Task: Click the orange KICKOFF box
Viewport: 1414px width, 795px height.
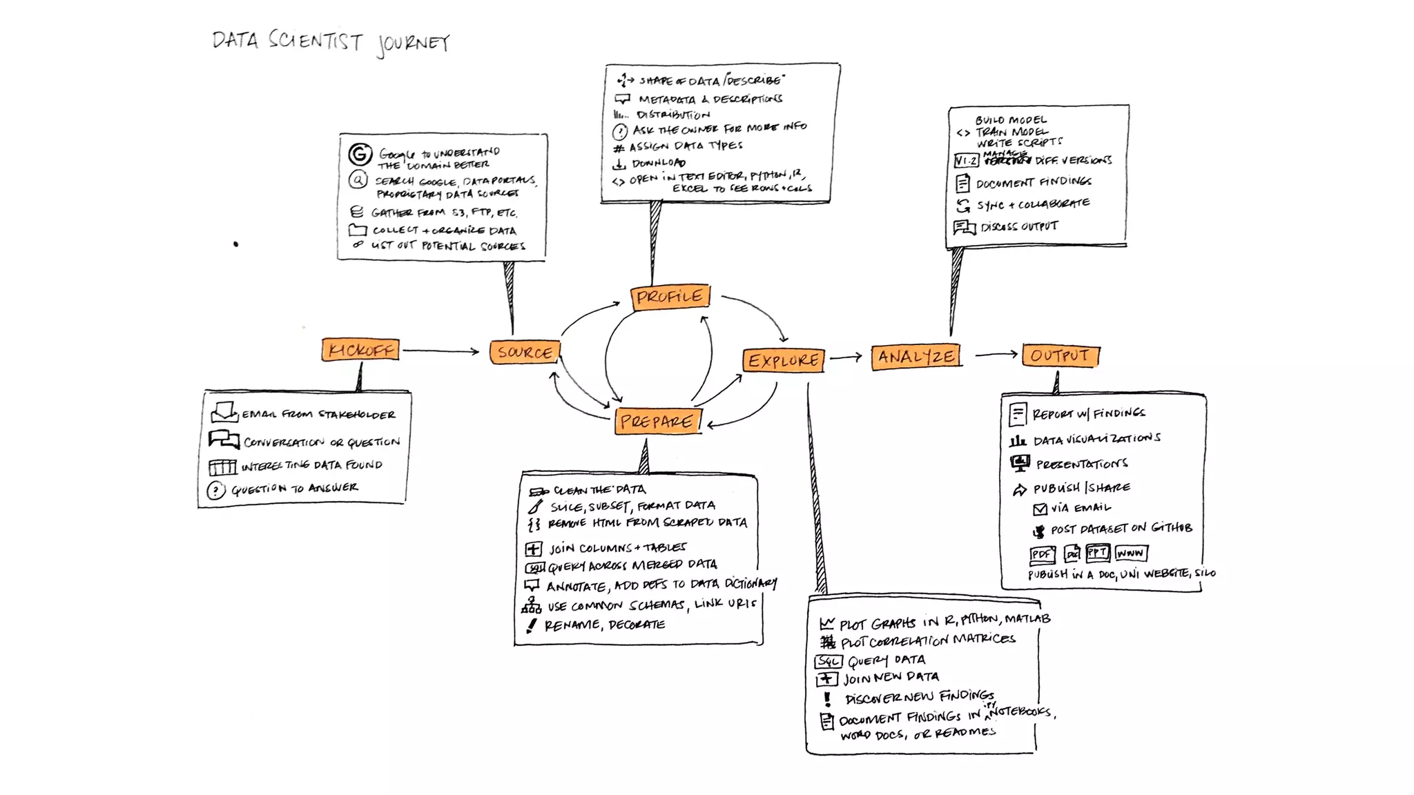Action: point(360,350)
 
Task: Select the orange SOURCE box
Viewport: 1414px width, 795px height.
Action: point(525,352)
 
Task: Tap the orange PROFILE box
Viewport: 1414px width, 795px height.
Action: point(670,297)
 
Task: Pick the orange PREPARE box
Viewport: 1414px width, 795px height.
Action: point(657,421)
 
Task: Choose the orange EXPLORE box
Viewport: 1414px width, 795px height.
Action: point(784,360)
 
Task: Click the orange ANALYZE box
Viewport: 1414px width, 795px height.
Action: point(916,357)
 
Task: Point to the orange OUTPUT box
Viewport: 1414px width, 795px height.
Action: point(1060,355)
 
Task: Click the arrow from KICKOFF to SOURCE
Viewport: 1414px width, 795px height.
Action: point(440,351)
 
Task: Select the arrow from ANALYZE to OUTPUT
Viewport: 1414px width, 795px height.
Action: point(996,355)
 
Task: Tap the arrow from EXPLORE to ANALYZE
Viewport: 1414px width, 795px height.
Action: point(846,357)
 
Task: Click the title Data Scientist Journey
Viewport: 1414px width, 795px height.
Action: point(331,42)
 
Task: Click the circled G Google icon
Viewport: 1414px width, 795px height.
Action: point(360,154)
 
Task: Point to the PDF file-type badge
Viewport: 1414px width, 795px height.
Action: point(1042,554)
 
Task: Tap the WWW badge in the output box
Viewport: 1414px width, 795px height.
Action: point(1130,553)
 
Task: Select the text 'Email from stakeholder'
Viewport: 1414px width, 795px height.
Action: point(318,414)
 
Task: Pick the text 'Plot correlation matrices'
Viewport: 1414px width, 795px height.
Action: point(928,640)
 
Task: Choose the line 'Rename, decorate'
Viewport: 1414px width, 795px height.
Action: point(604,625)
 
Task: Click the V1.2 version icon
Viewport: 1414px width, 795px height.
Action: point(966,161)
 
